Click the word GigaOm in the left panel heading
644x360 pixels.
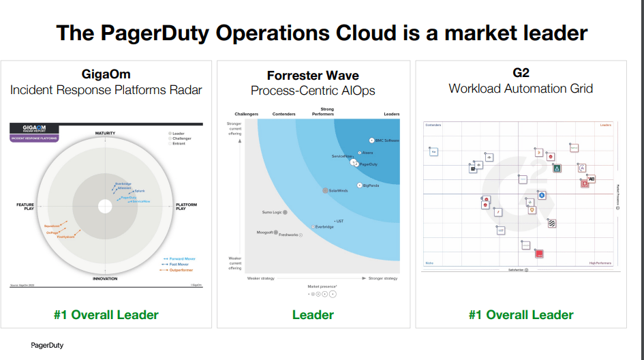pyautogui.click(x=106, y=74)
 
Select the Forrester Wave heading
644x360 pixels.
pyautogui.click(x=313, y=76)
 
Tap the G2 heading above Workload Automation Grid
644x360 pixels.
pyautogui.click(x=521, y=73)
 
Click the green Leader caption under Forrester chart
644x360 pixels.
pyautogui.click(x=313, y=314)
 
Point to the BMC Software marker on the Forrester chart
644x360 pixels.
pyautogui.click(x=372, y=140)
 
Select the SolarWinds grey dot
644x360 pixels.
pyautogui.click(x=326, y=191)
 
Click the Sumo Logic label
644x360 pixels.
pyautogui.click(x=273, y=212)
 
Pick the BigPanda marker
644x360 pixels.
pyautogui.click(x=360, y=185)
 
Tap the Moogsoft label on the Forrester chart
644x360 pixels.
pyautogui.click(x=264, y=232)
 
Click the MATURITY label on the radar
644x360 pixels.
pyautogui.click(x=105, y=133)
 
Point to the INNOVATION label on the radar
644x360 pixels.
pyautogui.click(x=105, y=279)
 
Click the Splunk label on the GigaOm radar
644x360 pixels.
pyautogui.click(x=139, y=191)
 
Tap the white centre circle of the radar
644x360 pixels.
pyautogui.click(x=105, y=206)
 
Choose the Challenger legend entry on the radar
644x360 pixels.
pyautogui.click(x=182, y=138)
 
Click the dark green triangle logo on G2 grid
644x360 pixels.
pyautogui.click(x=557, y=168)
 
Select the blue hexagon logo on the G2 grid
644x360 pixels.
pyautogui.click(x=542, y=196)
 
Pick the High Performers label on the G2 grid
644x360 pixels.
pyautogui.click(x=600, y=263)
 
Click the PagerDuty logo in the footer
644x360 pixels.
pyautogui.click(x=47, y=346)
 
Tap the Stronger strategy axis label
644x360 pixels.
pyautogui.click(x=382, y=278)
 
